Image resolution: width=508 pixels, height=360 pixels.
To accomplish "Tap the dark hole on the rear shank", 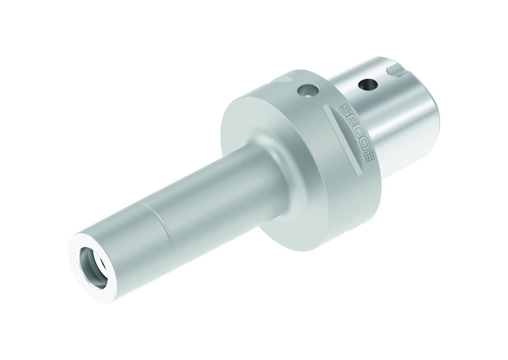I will point(368,84).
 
